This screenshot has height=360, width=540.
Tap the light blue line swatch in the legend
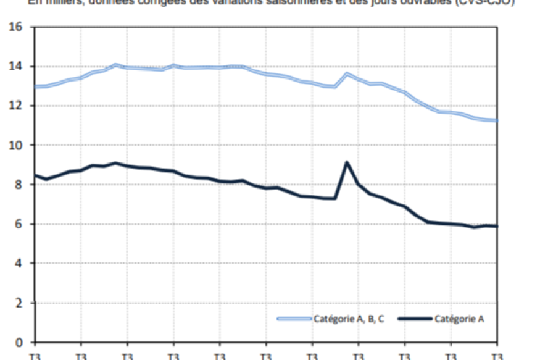pos(294,319)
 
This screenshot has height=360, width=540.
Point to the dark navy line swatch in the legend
pos(415,319)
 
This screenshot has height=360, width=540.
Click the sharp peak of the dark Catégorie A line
pos(347,162)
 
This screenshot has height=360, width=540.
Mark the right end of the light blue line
pos(497,120)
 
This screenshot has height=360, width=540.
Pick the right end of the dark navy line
pos(497,227)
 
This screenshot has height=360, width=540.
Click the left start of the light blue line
pos(35,86)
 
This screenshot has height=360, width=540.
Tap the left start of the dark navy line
pos(35,175)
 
